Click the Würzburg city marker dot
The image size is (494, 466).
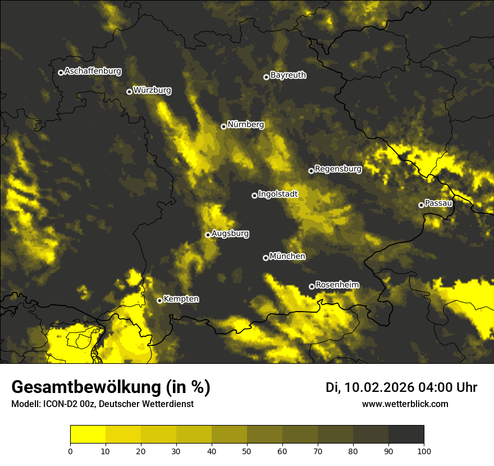(129, 92)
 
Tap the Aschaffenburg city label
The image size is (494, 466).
(93, 71)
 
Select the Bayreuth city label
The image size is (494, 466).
(288, 75)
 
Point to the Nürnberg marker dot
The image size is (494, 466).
(223, 126)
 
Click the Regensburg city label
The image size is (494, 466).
(338, 168)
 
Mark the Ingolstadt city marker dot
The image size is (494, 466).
(254, 195)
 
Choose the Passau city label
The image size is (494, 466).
(438, 203)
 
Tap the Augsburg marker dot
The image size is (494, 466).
(208, 235)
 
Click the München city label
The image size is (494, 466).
(287, 257)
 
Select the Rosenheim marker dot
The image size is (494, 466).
(312, 286)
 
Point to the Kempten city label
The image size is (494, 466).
(181, 299)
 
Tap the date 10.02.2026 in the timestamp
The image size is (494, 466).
(379, 387)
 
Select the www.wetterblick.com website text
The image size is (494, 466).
(405, 404)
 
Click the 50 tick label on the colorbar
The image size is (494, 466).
(247, 450)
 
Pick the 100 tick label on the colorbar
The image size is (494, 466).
(424, 450)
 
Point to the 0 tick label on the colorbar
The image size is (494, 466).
(70, 450)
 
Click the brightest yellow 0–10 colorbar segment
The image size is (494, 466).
(88, 434)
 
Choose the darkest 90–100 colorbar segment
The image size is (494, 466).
(406, 434)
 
